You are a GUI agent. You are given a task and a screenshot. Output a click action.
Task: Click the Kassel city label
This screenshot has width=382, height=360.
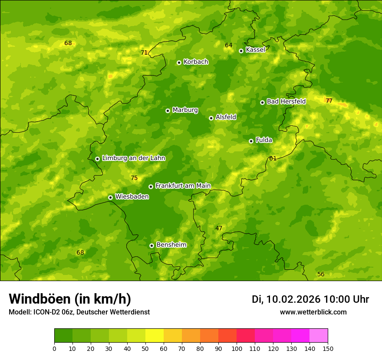(255, 50)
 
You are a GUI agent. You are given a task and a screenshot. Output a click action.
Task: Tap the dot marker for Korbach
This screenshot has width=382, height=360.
(179, 62)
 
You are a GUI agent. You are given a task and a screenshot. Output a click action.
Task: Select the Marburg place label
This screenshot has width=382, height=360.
(185, 110)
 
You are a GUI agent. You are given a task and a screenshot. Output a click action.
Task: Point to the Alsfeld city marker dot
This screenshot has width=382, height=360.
(211, 118)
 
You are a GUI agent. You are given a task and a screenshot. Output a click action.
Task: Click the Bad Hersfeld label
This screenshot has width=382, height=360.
(286, 101)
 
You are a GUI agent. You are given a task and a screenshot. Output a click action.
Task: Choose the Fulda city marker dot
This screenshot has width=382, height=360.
(251, 141)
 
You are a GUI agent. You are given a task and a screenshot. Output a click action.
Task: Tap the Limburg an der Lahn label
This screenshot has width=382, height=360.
(133, 158)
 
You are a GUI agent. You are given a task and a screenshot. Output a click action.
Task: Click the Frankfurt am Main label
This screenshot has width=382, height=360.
(183, 186)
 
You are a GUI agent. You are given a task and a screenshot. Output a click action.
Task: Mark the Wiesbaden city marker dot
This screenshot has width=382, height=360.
(110, 197)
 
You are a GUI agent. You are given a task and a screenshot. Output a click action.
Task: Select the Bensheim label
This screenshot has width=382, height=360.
(171, 245)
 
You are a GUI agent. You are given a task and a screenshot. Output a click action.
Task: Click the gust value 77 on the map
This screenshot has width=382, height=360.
(329, 101)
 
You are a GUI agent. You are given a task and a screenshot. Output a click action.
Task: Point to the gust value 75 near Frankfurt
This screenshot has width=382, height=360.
(134, 178)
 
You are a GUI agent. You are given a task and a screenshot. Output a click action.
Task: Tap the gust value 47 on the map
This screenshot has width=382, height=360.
(219, 228)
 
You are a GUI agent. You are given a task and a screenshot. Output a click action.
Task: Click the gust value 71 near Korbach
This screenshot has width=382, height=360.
(144, 53)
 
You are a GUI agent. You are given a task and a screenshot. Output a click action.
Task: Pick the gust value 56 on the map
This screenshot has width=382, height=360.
(321, 274)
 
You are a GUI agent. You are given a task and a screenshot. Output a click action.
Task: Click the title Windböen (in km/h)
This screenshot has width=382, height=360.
(70, 299)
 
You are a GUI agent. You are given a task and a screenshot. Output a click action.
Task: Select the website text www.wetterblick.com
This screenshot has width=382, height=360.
(313, 312)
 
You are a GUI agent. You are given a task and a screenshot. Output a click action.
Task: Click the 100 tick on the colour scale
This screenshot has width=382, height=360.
(237, 348)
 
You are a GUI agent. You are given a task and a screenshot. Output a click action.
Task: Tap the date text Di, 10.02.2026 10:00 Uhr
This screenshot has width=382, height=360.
(310, 299)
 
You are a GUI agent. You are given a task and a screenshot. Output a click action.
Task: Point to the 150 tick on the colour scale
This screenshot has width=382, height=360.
(328, 348)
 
